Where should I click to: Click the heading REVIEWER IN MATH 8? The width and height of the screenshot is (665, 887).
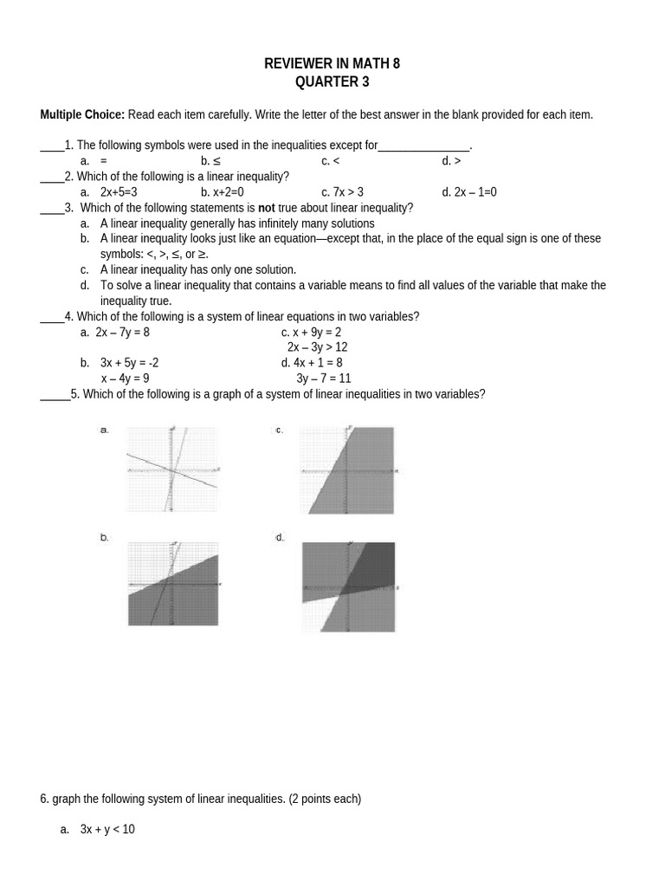tap(332, 64)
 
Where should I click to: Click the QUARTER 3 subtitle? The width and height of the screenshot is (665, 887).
tap(332, 82)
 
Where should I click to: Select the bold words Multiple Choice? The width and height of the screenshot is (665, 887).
tap(82, 114)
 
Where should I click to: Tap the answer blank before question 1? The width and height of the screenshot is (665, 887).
tap(52, 146)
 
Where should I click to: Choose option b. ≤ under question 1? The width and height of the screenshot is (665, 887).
tap(210, 161)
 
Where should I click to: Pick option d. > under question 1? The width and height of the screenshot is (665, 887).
tap(451, 161)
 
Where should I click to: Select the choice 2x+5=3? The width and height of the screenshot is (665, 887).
tap(119, 192)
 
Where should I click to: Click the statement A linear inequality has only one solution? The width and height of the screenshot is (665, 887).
tap(198, 269)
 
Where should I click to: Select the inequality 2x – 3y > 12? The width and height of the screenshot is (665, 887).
tap(317, 347)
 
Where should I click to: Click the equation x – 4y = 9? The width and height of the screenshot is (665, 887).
tap(125, 379)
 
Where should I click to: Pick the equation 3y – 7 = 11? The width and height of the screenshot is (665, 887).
tap(323, 379)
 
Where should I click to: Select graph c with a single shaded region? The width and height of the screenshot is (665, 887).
tap(347, 469)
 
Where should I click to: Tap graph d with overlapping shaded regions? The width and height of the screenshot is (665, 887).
tap(348, 586)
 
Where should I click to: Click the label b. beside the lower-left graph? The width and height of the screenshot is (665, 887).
tap(105, 538)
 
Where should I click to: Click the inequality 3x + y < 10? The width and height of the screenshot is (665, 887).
tap(107, 830)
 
